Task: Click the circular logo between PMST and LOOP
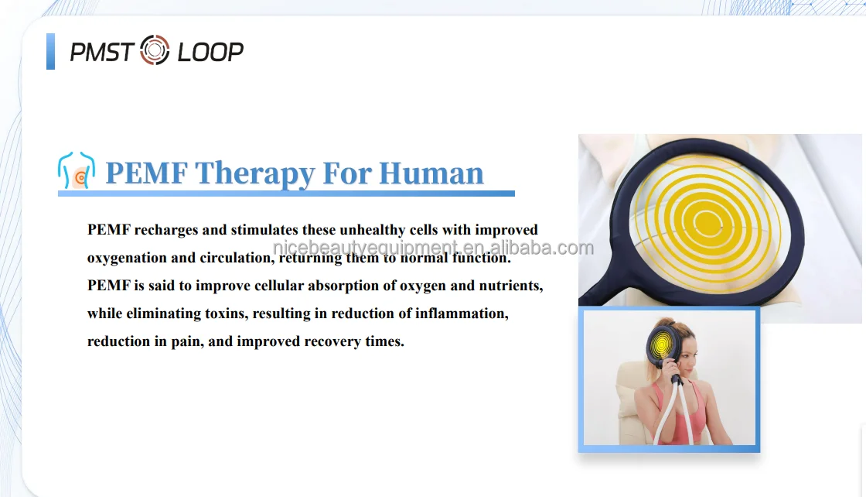(x=155, y=51)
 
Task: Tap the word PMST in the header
(x=101, y=52)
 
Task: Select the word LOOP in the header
(x=210, y=52)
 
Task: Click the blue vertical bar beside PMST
(x=51, y=51)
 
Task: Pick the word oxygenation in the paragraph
(x=126, y=258)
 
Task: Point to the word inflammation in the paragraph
(x=461, y=314)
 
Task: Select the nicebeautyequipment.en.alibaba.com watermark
(x=433, y=248)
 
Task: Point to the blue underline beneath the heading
(x=286, y=193)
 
